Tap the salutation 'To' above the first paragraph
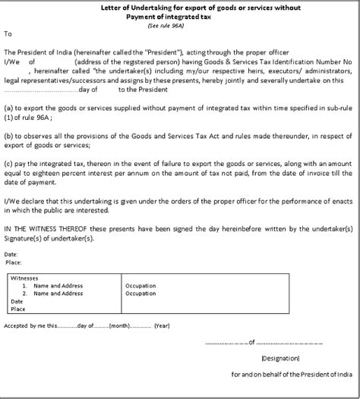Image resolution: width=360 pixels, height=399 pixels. pos(8,34)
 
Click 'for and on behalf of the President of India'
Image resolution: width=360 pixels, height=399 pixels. pos(292,375)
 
